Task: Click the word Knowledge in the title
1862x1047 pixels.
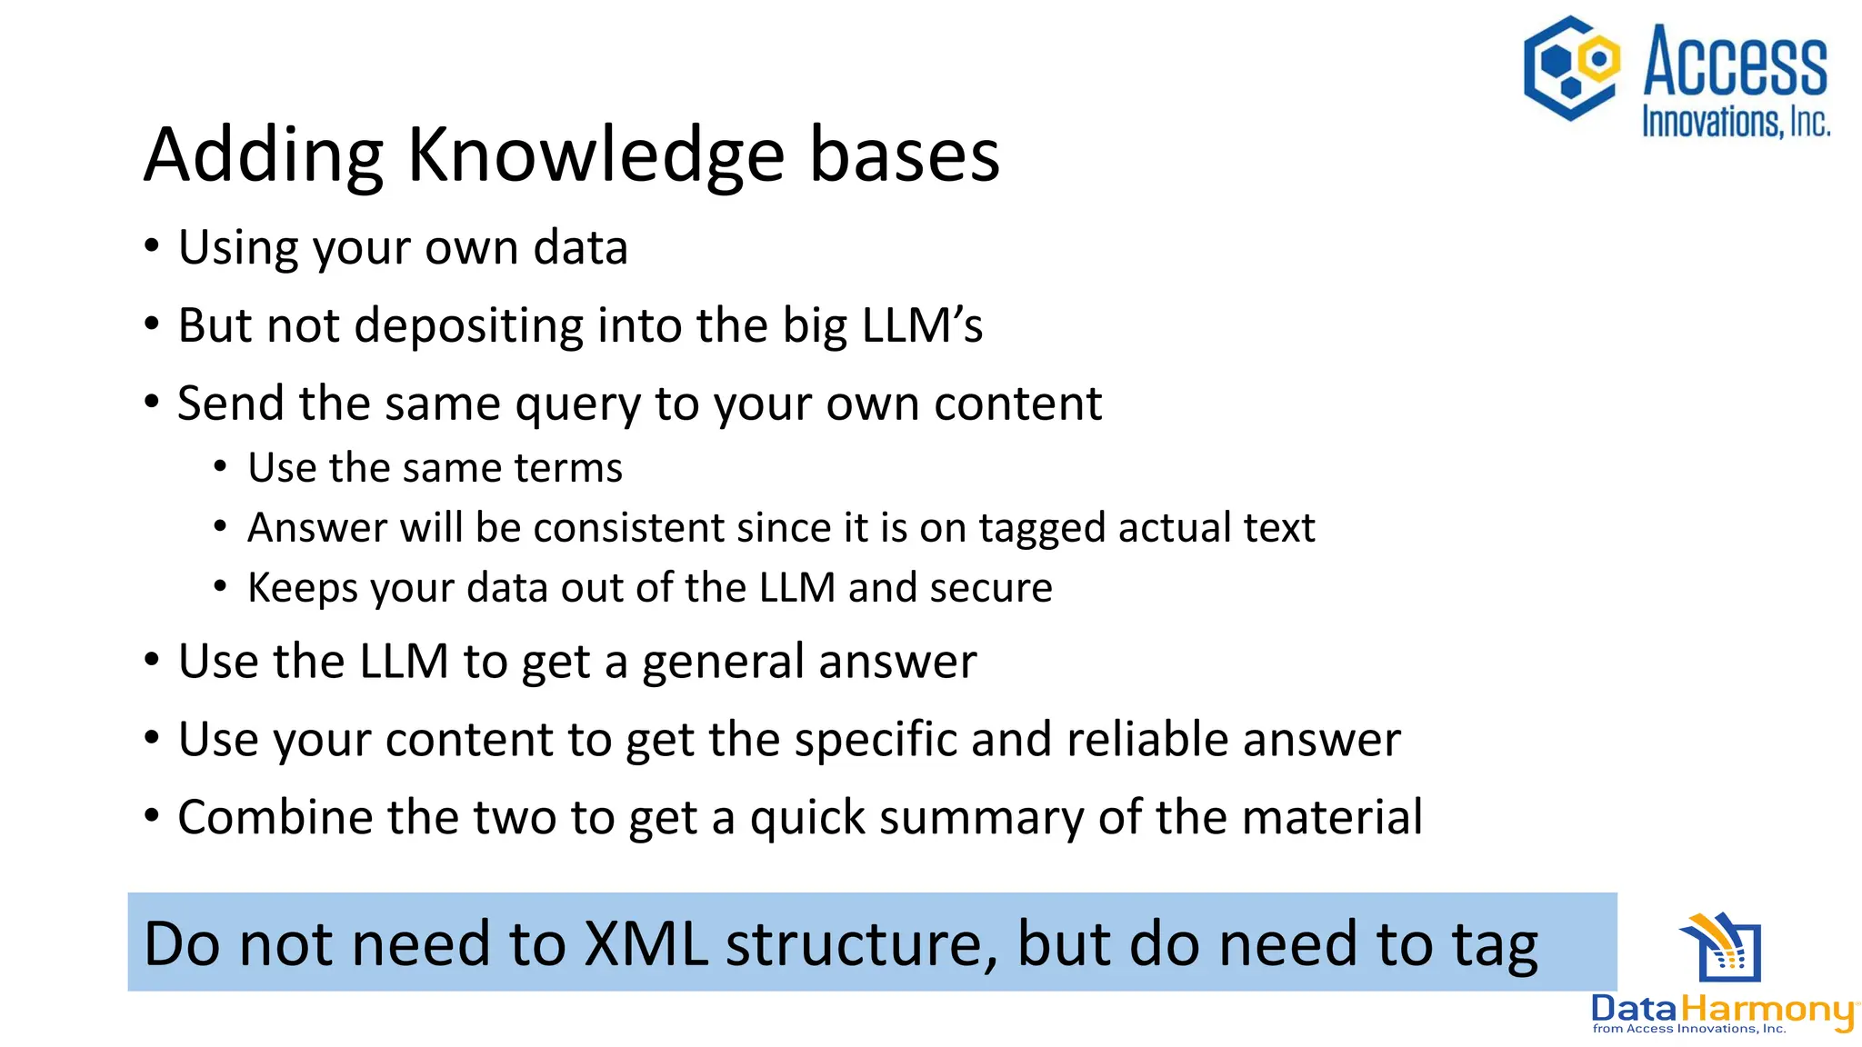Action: (595, 155)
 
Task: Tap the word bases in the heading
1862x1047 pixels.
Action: (904, 155)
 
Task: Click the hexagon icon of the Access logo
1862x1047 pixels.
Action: (1571, 68)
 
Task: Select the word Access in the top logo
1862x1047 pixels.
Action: (1735, 62)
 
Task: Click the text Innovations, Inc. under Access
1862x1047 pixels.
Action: (1735, 122)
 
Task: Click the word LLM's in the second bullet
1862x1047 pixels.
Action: (922, 325)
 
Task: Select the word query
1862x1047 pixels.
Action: (578, 405)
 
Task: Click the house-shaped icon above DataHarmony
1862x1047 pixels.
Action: (1721, 948)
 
